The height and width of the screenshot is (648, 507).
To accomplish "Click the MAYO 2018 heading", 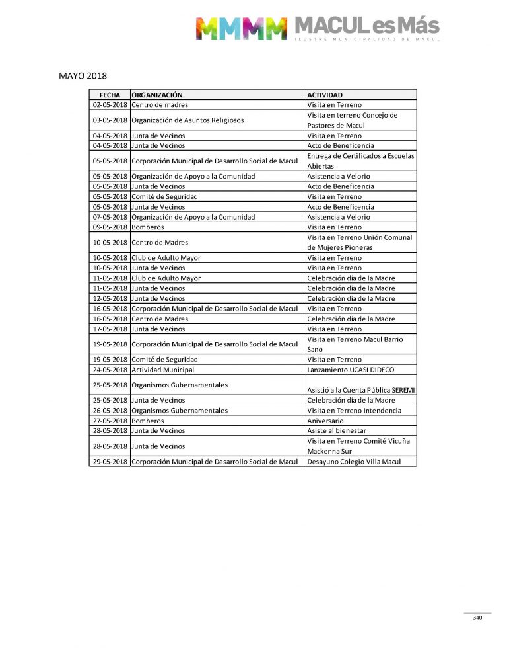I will click(x=83, y=76).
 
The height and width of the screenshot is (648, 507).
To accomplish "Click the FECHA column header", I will click(x=110, y=95).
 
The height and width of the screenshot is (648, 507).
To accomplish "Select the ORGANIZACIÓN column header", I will click(x=156, y=95).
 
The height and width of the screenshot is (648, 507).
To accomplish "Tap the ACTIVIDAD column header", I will click(x=325, y=95).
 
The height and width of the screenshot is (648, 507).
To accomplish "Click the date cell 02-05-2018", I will click(x=110, y=105).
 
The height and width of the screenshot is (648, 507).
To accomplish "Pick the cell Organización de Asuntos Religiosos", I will click(x=187, y=120).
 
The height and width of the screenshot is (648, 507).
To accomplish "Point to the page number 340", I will click(x=477, y=618).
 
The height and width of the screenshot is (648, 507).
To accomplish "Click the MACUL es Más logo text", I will click(x=366, y=26).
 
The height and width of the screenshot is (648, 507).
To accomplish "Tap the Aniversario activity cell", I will click(x=325, y=421).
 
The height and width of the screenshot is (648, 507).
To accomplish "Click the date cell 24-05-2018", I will click(x=110, y=370).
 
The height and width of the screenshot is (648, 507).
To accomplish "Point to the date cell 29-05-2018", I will click(x=110, y=462).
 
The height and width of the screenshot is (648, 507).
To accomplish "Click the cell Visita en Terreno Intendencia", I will click(x=354, y=411).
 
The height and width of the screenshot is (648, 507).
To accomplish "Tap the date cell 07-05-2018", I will click(x=110, y=217).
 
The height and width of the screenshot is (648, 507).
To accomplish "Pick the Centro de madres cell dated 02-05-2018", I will click(x=160, y=105).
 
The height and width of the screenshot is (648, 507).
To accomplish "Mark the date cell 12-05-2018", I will click(x=110, y=298).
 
